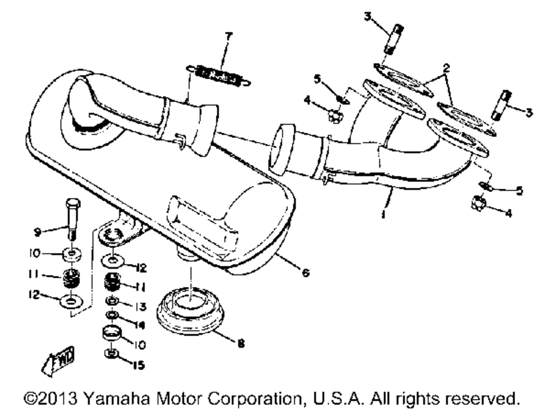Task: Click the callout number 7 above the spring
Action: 228,36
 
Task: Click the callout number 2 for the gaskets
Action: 446,69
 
